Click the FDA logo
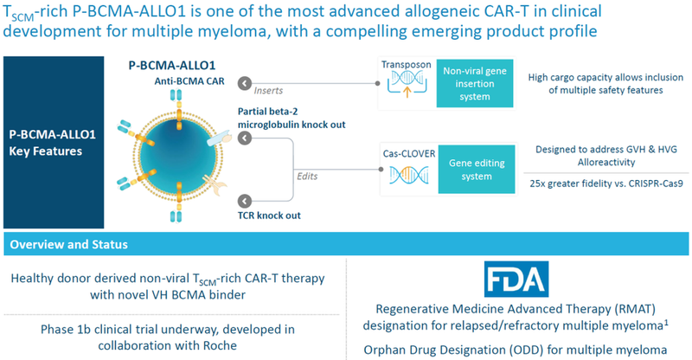tap(516, 279)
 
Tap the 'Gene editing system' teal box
tap(468, 167)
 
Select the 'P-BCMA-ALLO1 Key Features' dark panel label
tap(54, 142)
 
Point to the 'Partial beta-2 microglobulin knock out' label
tap(297, 118)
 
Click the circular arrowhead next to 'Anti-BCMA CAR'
tap(246, 84)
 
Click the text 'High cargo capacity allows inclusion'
tap(604, 77)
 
